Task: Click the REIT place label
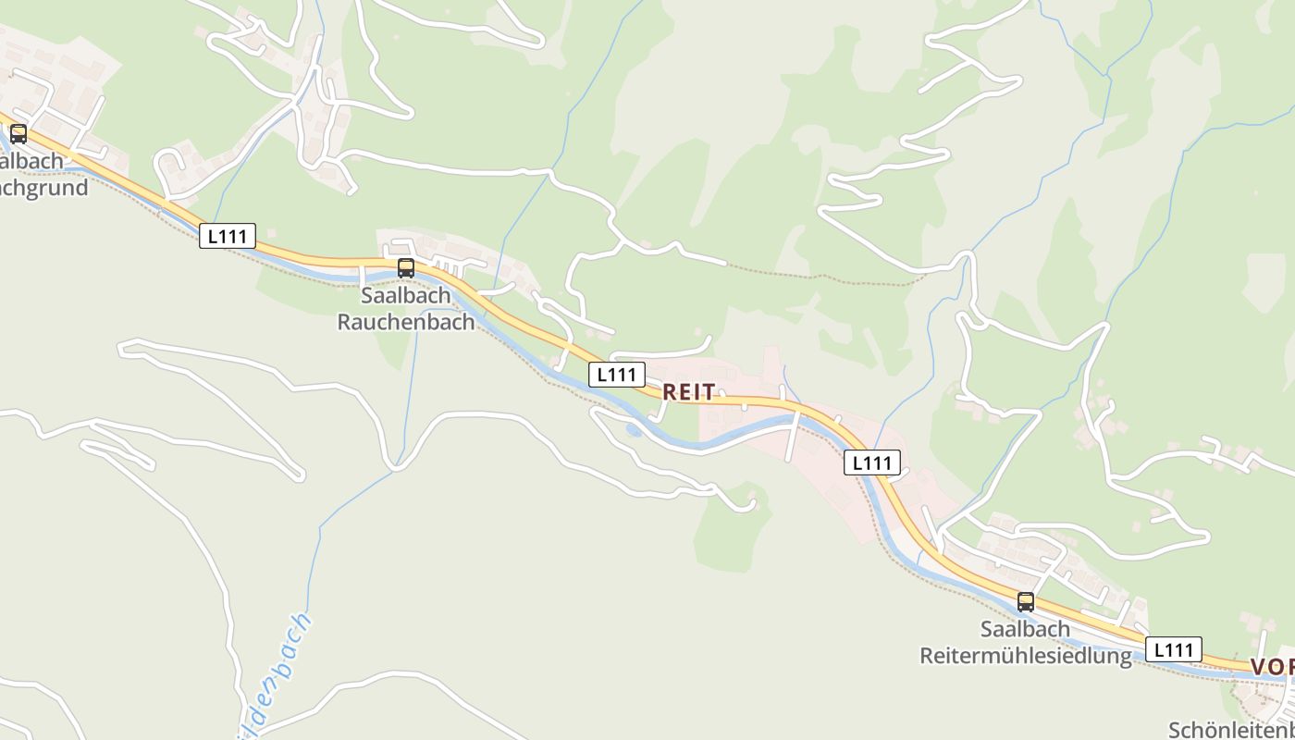click(689, 392)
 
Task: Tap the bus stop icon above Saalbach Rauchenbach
click(405, 268)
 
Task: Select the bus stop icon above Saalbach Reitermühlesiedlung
click(1025, 602)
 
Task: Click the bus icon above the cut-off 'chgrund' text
click(18, 134)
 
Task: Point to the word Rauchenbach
click(406, 322)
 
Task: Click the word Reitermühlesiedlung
click(1026, 656)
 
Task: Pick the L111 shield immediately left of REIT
click(616, 375)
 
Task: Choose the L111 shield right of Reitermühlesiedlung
click(1173, 649)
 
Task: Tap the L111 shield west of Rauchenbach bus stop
click(227, 236)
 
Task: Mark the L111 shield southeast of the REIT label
click(871, 462)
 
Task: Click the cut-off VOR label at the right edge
click(1273, 667)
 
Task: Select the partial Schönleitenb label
click(1231, 730)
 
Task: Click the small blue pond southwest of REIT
click(634, 429)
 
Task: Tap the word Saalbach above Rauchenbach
click(406, 296)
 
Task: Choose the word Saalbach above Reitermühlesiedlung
click(1026, 629)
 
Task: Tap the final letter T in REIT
click(709, 392)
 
